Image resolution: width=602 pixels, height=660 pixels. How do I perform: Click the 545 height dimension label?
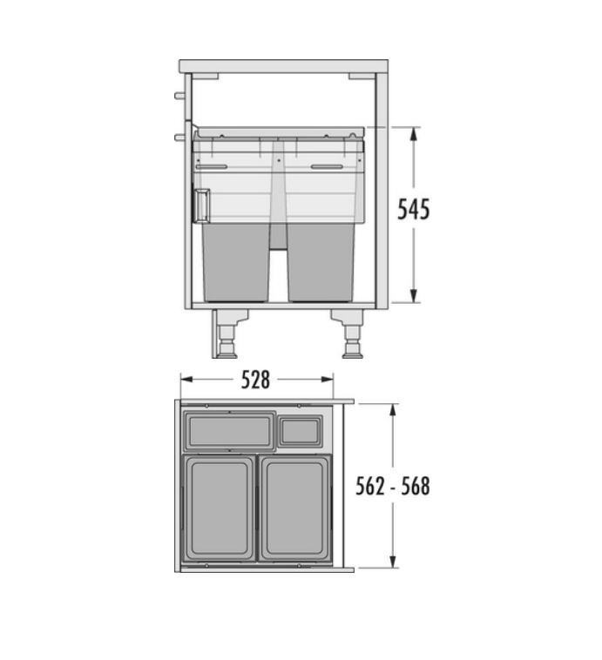pyautogui.click(x=413, y=209)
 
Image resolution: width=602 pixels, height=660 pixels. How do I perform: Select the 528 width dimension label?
pyautogui.click(x=255, y=380)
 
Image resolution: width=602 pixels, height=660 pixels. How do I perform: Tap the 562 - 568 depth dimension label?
pyautogui.click(x=393, y=486)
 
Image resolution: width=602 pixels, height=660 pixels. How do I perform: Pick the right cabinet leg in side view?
pyautogui.click(x=348, y=333)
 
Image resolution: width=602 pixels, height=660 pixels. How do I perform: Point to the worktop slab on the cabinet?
pyautogui.click(x=283, y=66)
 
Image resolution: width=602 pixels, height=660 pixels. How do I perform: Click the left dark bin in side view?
pyautogui.click(x=235, y=262)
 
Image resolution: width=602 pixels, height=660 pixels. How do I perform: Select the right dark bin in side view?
pyautogui.click(x=321, y=262)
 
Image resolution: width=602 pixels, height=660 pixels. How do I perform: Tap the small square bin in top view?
pyautogui.click(x=301, y=432)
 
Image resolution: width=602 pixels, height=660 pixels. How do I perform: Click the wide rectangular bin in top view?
pyautogui.click(x=230, y=432)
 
